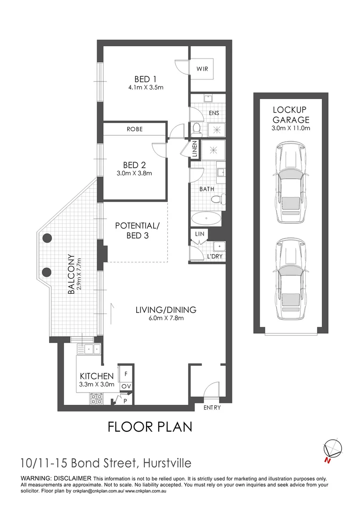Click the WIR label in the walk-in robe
click(202, 69)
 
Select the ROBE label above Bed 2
click(135, 129)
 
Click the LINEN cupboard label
click(195, 149)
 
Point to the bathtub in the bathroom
click(206, 219)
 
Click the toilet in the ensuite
click(196, 129)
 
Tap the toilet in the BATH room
click(219, 199)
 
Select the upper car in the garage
click(291, 182)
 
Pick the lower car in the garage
click(291, 279)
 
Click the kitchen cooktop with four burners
click(97, 399)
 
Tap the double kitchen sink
click(89, 349)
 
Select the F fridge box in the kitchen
click(126, 374)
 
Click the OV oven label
click(126, 386)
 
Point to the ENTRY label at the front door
click(212, 407)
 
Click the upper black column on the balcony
click(48, 238)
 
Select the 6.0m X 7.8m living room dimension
click(166, 318)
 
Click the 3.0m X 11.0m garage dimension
click(291, 128)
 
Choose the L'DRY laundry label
click(215, 256)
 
